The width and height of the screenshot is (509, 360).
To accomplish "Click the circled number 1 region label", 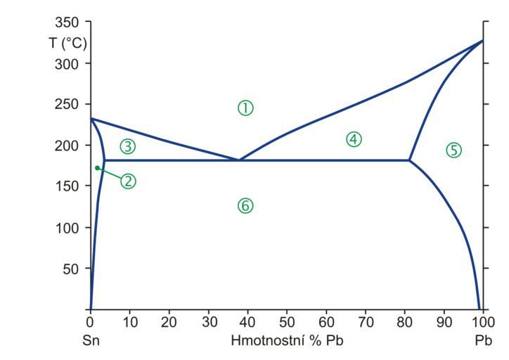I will tap(245, 108).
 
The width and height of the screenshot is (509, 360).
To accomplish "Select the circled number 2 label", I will tap(127, 181).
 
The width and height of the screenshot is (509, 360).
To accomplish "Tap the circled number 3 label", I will tap(127, 146).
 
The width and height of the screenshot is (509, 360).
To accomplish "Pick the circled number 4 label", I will tap(354, 139).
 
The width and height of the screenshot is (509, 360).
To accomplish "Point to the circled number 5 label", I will tap(453, 149).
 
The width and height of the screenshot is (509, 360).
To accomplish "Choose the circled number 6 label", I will tap(245, 205).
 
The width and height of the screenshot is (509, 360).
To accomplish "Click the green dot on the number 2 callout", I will tap(97, 167).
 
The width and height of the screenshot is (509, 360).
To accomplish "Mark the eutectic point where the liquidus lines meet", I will tap(239, 160).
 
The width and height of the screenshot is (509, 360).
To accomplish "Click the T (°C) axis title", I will tap(68, 43).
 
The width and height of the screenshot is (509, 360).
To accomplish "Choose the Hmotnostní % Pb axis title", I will tap(287, 340).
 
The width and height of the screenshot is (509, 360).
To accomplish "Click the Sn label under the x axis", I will tap(91, 340).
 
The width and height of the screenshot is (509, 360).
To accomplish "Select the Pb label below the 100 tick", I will tap(482, 340).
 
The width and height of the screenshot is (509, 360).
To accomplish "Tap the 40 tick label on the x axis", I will tap(247, 323).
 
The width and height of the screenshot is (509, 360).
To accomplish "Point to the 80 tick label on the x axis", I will tap(404, 323).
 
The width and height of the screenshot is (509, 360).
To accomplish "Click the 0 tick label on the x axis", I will tap(91, 323).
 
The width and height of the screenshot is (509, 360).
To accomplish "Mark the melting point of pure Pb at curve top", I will tap(482, 40).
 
